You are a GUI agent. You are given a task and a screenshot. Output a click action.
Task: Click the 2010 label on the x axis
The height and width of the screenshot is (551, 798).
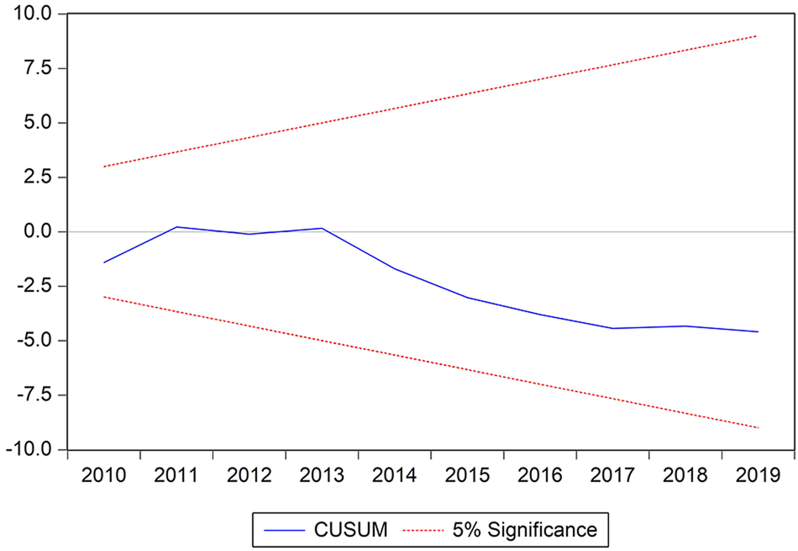click(104, 476)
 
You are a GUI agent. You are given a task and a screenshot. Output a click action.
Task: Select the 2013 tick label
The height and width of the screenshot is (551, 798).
click(322, 476)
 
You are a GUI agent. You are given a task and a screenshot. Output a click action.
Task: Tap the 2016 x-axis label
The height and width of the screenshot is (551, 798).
click(539, 476)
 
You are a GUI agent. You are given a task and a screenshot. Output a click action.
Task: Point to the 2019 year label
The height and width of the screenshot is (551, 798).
click(757, 476)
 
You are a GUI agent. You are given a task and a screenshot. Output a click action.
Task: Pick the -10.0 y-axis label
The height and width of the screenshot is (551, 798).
click(30, 450)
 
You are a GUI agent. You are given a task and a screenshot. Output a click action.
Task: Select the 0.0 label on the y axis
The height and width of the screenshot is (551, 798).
click(39, 232)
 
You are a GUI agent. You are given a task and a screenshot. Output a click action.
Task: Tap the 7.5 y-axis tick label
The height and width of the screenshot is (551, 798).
click(39, 68)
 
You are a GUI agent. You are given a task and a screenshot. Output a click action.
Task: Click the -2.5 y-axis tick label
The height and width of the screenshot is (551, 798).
click(34, 286)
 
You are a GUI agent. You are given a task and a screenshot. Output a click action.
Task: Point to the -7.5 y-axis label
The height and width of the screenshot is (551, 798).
click(34, 395)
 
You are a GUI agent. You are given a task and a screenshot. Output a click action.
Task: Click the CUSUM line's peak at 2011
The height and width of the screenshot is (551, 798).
click(177, 227)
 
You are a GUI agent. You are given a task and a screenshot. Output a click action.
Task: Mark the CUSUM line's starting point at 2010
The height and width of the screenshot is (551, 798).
click(104, 262)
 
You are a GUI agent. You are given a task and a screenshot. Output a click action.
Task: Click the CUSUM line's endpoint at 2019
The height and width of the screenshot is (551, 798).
click(758, 331)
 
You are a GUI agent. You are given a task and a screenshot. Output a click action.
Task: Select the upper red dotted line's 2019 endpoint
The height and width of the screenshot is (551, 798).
click(758, 36)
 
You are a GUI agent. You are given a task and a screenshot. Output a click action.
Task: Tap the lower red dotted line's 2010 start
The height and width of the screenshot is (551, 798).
click(104, 297)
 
